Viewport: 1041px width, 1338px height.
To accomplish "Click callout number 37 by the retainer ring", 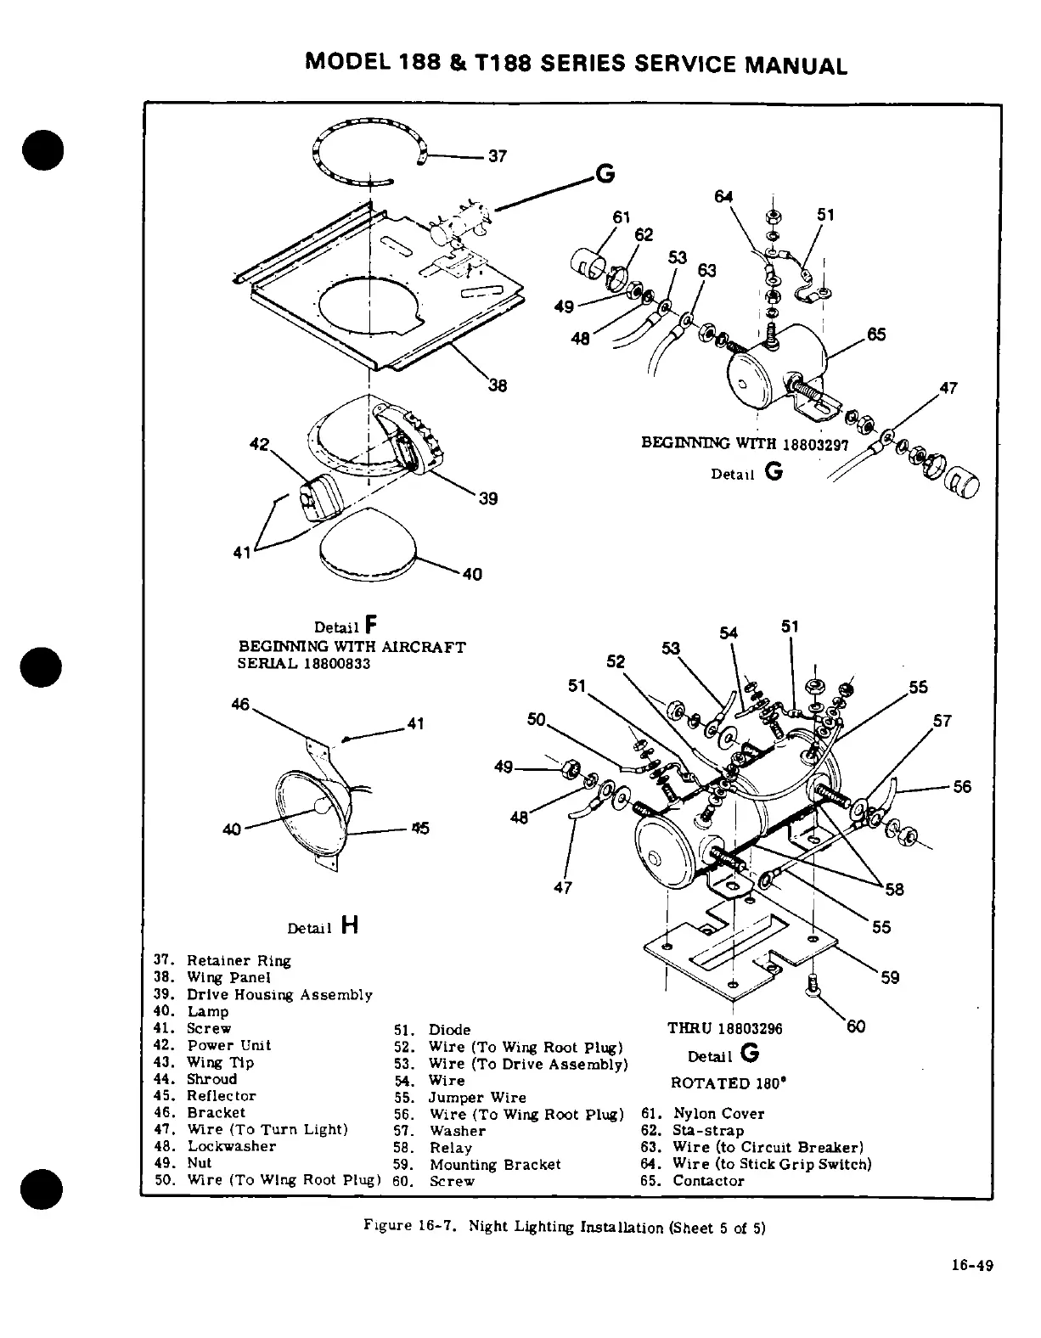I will [498, 156].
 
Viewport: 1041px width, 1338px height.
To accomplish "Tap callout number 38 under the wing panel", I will [498, 386].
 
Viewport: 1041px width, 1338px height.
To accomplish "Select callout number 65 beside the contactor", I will [876, 334].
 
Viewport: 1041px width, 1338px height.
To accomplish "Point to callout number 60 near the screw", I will [856, 1026].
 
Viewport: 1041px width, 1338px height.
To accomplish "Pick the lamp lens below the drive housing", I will [368, 543].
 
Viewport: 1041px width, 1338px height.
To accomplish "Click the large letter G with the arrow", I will [605, 173].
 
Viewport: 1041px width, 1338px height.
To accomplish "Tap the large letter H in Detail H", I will [348, 925].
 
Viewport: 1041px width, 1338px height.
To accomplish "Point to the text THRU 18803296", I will [724, 1029].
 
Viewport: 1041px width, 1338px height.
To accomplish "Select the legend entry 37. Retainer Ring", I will [222, 961].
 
